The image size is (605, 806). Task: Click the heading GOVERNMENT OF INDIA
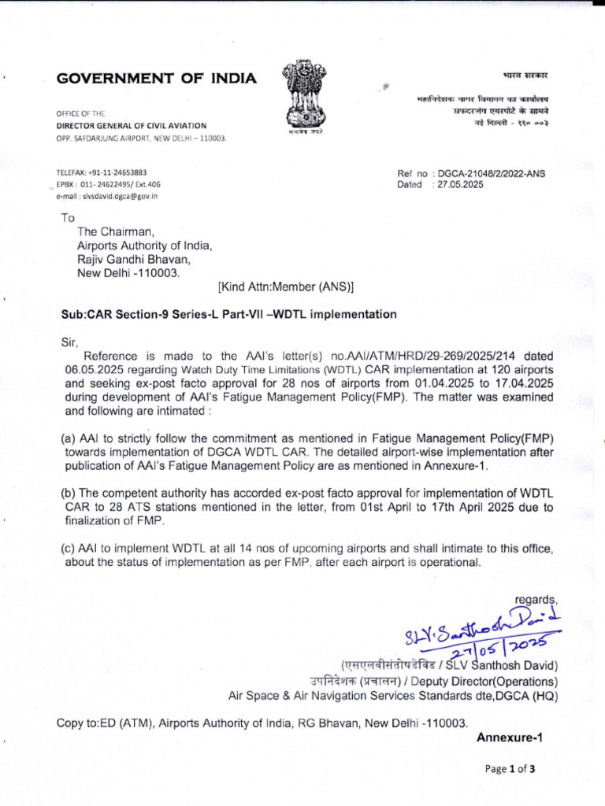156,78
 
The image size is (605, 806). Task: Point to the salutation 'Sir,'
71,342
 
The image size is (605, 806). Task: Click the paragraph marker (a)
69,438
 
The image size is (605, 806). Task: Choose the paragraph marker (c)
69,548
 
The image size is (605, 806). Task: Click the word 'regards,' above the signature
536,600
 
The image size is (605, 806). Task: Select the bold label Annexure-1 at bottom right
510,738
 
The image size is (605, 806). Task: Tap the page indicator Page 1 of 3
510,770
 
